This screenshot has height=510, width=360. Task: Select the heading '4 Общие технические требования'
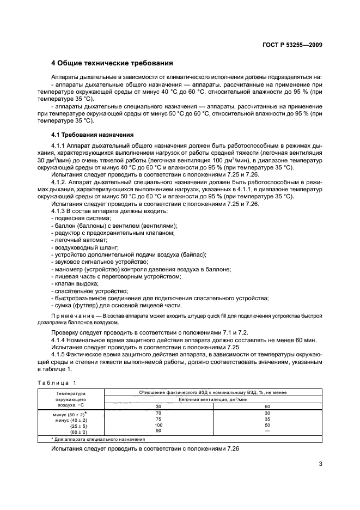[x=112, y=63]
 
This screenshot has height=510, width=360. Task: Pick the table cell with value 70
[x=158, y=414]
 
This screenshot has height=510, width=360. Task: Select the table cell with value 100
[x=158, y=424]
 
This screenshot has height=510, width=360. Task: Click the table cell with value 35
[x=267, y=419]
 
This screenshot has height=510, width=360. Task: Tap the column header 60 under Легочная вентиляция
[x=267, y=406]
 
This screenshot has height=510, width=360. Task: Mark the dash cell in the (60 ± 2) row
[x=267, y=430]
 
